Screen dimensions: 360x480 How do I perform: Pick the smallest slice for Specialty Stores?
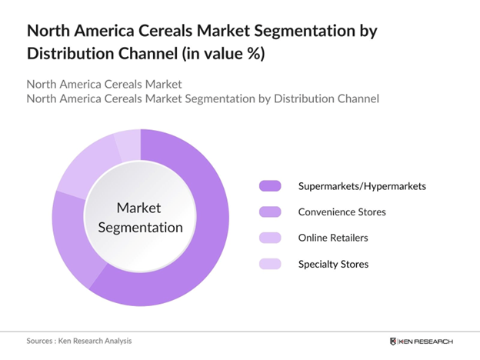point(128,142)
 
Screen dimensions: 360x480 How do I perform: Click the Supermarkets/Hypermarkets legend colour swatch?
point(270,186)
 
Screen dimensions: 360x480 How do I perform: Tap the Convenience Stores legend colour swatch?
point(270,212)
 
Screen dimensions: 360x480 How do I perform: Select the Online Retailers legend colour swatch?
point(270,238)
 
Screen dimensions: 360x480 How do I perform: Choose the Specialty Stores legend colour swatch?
point(270,264)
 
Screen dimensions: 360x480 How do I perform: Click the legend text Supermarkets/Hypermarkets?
point(362,186)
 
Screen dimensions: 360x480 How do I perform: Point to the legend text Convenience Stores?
point(342,212)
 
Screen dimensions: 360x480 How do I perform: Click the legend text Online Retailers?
point(333,238)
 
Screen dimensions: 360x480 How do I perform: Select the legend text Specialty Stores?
point(333,264)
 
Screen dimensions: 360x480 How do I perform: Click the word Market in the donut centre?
point(139,208)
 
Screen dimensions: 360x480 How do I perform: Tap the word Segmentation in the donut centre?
point(139,227)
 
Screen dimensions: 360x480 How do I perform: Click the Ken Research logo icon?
point(395,341)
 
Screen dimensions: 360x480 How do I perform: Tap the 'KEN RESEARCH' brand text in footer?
point(427,341)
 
